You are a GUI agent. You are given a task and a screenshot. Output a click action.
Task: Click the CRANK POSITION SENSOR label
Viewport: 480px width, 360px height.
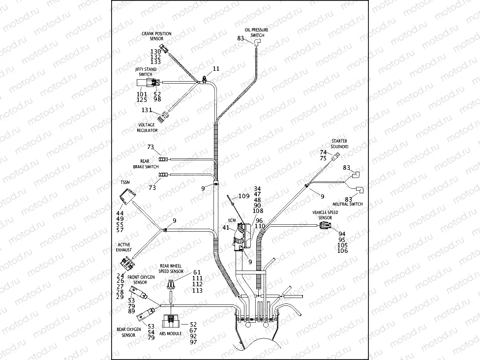click(156, 36)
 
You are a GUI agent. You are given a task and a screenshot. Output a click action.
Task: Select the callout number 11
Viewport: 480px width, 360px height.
click(216, 68)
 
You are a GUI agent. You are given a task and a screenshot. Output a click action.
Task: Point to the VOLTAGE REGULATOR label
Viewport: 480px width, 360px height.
click(148, 127)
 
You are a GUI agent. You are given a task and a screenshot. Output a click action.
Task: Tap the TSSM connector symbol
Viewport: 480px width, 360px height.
click(127, 199)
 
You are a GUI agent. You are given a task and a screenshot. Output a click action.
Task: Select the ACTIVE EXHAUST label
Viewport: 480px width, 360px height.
click(124, 246)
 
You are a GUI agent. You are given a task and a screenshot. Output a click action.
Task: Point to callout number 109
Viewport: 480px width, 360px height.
click(244, 196)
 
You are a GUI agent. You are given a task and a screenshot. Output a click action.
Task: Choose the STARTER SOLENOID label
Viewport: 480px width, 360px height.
click(340, 144)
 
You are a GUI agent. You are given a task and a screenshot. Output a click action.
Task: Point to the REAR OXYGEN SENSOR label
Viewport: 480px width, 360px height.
click(129, 332)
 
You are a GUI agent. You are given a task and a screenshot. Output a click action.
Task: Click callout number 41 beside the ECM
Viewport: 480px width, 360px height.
click(226, 228)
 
